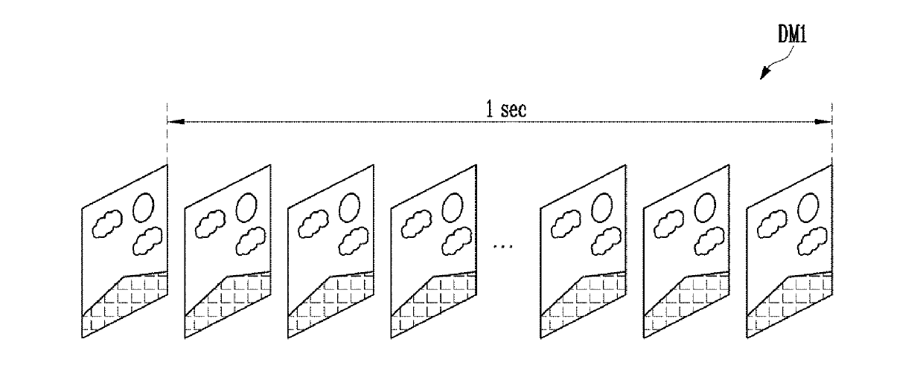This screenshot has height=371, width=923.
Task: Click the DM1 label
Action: pos(792,34)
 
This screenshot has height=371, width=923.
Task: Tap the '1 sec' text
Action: pos(506,109)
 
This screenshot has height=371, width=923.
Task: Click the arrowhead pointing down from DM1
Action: pos(765,73)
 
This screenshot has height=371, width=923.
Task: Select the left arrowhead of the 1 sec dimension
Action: pos(176,121)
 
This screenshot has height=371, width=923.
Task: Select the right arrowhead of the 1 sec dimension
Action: pos(823,121)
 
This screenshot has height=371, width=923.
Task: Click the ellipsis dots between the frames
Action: pos(502,246)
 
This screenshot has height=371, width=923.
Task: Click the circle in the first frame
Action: pos(144,207)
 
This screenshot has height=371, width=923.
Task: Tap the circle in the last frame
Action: pos(808,207)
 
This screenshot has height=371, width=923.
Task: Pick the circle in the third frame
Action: pos(349,207)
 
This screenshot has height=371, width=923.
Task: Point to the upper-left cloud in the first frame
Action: pos(107,224)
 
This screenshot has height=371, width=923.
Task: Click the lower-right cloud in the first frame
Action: pos(147,241)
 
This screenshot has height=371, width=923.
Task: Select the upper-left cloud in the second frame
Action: pos(210,224)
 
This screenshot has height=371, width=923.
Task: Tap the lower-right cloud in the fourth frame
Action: pos(456,241)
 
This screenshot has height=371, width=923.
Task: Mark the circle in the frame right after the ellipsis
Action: pos(602,207)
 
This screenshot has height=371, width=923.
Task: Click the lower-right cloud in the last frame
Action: pos(812,241)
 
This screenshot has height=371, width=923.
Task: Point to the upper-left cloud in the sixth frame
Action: pos(668,224)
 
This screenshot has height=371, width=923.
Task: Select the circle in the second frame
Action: pos(246,207)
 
